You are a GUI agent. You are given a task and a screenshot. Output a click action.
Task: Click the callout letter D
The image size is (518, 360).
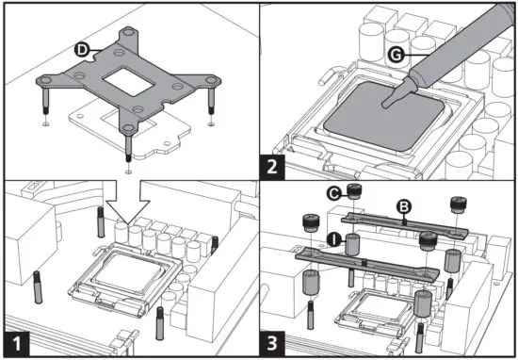pyautogui.click(x=82, y=50)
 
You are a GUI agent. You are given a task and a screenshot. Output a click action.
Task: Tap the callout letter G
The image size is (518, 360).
pyautogui.click(x=396, y=55)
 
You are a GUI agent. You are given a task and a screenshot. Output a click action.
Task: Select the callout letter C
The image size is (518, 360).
pyautogui.click(x=334, y=193)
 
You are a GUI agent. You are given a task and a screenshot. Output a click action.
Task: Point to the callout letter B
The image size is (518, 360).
pyautogui.click(x=404, y=207)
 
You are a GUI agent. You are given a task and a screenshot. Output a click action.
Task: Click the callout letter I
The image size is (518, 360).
pyautogui.click(x=334, y=239)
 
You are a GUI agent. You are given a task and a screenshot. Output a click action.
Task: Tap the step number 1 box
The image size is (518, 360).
pyautogui.click(x=17, y=344)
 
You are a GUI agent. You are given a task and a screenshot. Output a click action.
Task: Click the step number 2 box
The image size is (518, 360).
pyautogui.click(x=272, y=167)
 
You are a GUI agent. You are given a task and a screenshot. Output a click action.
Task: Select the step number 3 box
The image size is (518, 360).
pyautogui.click(x=272, y=344)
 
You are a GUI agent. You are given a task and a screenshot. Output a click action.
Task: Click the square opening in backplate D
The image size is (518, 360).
pyautogui.click(x=128, y=81)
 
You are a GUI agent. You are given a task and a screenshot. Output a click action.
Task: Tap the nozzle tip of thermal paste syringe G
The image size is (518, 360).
pyautogui.click(x=385, y=105)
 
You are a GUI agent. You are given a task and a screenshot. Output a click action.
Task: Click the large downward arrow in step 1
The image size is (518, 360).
pyautogui.click(x=128, y=202)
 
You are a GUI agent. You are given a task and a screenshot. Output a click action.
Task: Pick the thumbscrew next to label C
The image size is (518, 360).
pyautogui.click(x=354, y=191)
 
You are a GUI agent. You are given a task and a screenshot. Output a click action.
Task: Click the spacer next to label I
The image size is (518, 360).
pyautogui.click(x=352, y=244)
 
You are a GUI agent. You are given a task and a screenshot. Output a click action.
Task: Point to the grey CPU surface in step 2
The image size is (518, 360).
pyautogui.click(x=383, y=119)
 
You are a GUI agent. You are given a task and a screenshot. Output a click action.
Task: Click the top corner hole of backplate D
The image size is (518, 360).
pyautogui.click(x=128, y=32)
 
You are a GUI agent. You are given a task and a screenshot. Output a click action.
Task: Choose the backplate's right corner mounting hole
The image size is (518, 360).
pyautogui.click(x=211, y=80)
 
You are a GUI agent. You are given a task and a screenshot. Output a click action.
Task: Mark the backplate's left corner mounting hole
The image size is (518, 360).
pyautogui.click(x=45, y=80)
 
